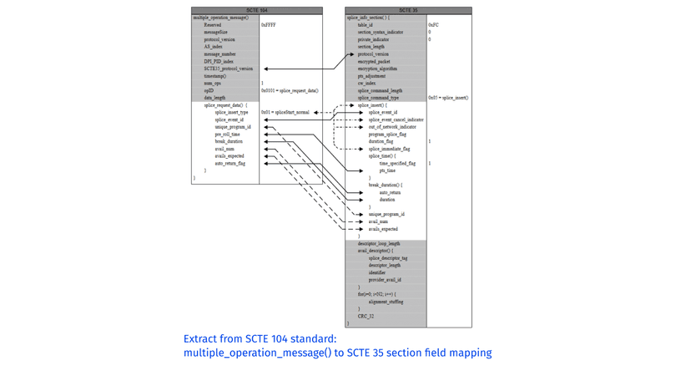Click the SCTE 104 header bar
coord(256,11)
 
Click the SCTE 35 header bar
coord(408,11)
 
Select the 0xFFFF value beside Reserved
coord(269,25)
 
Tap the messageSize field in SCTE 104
coord(215,33)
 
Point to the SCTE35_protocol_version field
coord(228,69)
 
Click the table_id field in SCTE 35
coord(366,25)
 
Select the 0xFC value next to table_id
coord(433,25)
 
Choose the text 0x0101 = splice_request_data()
coord(290,91)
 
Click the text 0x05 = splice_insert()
coord(448,98)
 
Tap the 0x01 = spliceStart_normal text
coord(285,113)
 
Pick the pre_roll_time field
coord(227,135)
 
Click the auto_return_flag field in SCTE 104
coord(230,164)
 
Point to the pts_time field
coord(387,170)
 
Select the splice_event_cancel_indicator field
coord(396,120)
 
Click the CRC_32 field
coord(366,317)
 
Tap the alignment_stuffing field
coord(386,302)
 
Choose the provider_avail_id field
coord(385,280)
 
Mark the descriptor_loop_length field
coord(379,244)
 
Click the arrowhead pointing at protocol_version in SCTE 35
coord(351,55)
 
